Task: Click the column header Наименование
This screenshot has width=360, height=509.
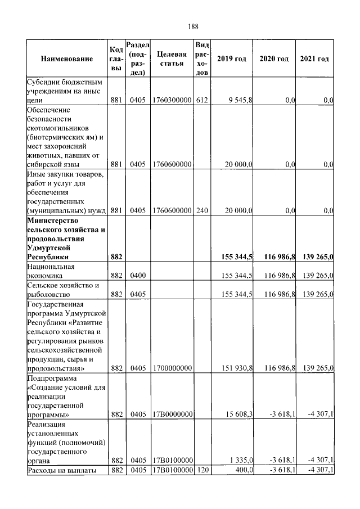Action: pyautogui.click(x=66, y=59)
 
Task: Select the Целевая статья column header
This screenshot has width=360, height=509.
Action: pyautogui.click(x=172, y=59)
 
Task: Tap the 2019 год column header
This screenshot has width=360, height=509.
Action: pyautogui.click(x=231, y=59)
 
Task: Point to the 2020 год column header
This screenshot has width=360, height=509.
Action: pyautogui.click(x=273, y=59)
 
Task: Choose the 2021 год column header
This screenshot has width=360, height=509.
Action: pyautogui.click(x=314, y=59)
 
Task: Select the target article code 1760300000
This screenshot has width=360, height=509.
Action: pyautogui.click(x=172, y=100)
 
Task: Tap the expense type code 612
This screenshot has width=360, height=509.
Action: pyautogui.click(x=202, y=100)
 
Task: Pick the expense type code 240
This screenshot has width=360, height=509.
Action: pyautogui.click(x=202, y=210)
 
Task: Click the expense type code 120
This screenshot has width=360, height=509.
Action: pyautogui.click(x=202, y=470)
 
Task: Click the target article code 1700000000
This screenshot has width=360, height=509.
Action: pyautogui.click(x=172, y=368)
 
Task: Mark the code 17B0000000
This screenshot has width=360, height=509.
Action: pyautogui.click(x=172, y=414)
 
